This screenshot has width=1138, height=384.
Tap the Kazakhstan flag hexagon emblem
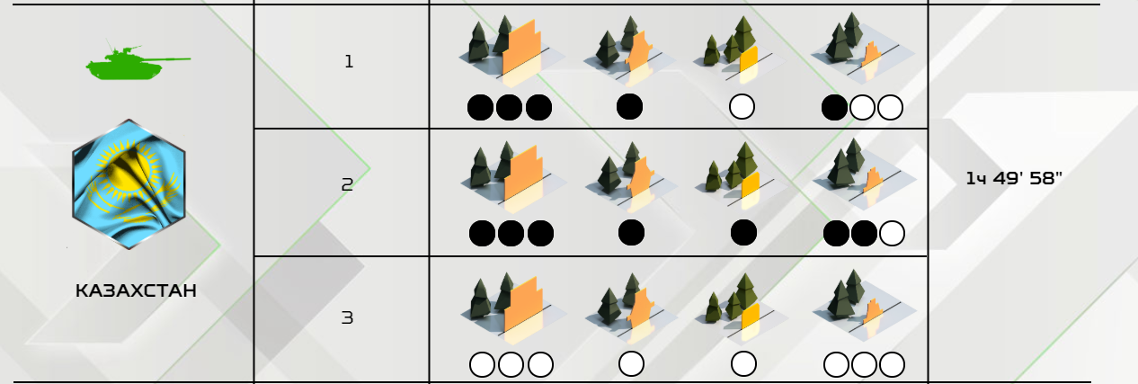point(129,183)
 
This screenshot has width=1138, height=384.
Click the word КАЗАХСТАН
point(136,290)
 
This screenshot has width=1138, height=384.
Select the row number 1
point(349,61)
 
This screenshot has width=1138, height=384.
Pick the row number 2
point(348,184)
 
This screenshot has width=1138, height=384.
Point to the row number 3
point(348,318)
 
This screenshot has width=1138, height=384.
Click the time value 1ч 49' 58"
point(1014,178)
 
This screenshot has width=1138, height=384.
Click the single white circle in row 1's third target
point(742,107)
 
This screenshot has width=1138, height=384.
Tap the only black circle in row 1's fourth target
point(834,108)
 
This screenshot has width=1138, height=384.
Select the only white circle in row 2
point(892,234)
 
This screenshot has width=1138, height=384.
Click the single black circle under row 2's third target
point(743,233)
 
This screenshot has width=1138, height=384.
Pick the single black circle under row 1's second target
point(629,107)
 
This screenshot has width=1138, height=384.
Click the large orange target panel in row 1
point(520,49)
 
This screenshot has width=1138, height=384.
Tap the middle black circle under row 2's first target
point(511,234)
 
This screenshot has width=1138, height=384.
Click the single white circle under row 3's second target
point(632,364)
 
